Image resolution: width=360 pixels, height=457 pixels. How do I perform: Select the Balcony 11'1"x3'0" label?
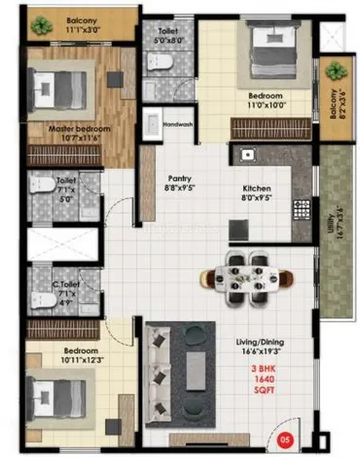click(88, 24)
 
